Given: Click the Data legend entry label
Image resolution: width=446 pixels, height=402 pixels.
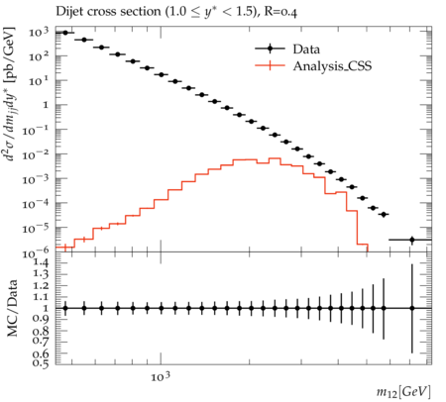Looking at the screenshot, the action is [306, 50].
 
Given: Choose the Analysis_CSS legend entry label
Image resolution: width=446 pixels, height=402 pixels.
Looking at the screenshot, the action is [332, 66].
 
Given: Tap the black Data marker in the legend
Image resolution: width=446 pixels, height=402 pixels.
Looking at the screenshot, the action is [270, 49].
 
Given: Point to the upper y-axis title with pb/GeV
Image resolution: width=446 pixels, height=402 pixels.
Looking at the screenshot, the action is [10, 94].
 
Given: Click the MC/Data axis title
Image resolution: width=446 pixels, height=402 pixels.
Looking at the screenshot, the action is [12, 308].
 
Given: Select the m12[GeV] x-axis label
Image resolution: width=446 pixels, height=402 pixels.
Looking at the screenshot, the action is [403, 392].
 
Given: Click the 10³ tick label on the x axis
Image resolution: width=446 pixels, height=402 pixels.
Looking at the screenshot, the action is [161, 376].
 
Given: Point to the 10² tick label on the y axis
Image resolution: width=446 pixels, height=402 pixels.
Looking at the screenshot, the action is [39, 56].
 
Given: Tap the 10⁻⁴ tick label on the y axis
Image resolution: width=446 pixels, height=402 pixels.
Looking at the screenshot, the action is [36, 204].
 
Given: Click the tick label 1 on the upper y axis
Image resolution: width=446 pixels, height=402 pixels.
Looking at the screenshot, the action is [46, 105].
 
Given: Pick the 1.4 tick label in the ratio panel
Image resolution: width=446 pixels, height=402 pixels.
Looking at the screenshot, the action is [41, 263].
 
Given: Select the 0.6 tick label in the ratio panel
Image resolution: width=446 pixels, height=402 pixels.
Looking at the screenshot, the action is [41, 353].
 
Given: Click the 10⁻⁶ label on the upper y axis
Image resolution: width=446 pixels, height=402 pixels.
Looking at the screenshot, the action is [36, 252].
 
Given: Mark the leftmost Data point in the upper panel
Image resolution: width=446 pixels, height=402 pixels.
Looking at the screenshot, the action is [65, 33].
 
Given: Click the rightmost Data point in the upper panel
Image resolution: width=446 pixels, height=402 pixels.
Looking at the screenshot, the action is [412, 240].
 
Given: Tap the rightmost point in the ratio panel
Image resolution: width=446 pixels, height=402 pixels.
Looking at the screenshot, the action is [412, 308].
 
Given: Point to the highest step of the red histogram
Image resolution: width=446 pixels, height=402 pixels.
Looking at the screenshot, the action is [275, 158].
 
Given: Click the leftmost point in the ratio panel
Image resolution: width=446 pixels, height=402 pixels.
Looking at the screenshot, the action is [65, 308].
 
